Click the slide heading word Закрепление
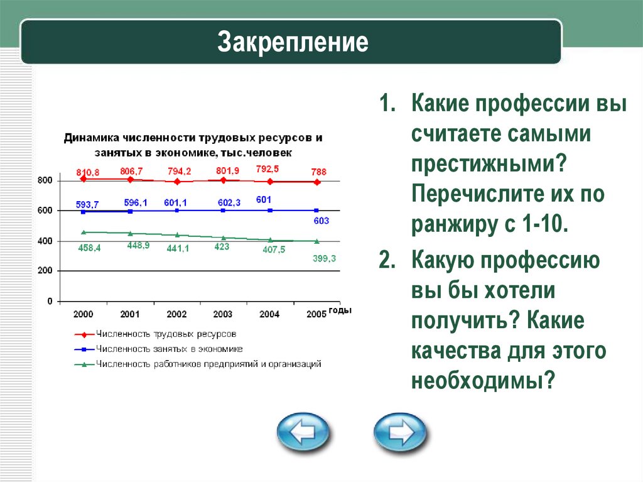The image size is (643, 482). pyautogui.click(x=293, y=43)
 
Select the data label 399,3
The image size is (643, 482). pyautogui.click(x=325, y=258)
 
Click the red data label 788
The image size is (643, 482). pyautogui.click(x=320, y=172)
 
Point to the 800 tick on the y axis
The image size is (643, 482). pyautogui.click(x=45, y=181)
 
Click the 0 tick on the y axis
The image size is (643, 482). pyautogui.click(x=50, y=302)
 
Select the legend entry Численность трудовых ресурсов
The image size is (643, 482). pyautogui.click(x=166, y=334)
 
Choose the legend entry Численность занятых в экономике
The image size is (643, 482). pyautogui.click(x=169, y=349)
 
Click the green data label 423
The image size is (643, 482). pyautogui.click(x=220, y=246)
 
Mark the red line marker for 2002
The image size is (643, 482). pyautogui.click(x=177, y=182)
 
